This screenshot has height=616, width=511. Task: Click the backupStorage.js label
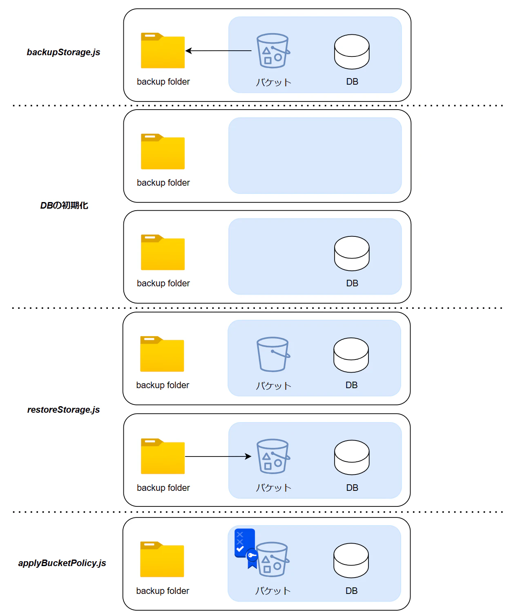[63, 52]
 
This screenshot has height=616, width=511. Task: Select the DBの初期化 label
[64, 205]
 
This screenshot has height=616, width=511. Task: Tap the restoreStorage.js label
[63, 410]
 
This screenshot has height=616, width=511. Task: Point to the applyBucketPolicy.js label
[62, 563]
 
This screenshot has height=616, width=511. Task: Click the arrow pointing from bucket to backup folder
[219, 51]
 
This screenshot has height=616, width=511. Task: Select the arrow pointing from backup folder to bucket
[218, 456]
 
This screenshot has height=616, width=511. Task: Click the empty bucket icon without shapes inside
[273, 354]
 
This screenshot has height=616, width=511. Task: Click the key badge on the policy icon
[252, 555]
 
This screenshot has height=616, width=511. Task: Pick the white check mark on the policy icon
[240, 549]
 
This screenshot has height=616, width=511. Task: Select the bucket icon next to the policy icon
[272, 559]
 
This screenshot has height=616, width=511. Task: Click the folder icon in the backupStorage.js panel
[163, 50]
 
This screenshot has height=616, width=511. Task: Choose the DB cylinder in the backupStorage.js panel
[352, 52]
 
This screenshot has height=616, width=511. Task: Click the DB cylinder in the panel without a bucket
[352, 254]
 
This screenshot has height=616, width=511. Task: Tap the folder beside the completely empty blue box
[163, 151]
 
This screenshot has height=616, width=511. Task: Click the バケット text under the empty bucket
[274, 386]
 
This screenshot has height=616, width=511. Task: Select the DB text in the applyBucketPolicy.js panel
[351, 591]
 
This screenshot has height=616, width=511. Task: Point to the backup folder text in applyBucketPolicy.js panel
[163, 591]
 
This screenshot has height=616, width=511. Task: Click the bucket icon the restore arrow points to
[273, 456]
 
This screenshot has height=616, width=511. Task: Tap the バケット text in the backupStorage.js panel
[274, 82]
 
